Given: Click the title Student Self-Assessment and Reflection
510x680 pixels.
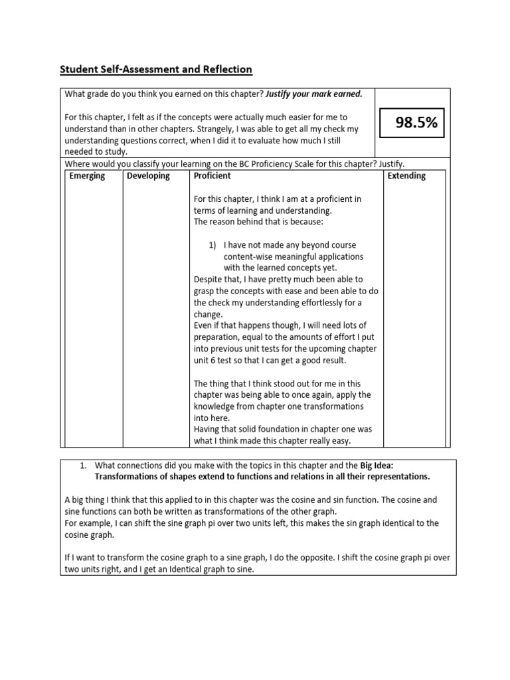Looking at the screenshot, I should coord(156,69).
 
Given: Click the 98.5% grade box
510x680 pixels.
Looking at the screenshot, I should coord(411,122).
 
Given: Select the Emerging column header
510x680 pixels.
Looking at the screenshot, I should coord(87,176).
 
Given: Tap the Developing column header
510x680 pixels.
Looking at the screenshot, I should coord(148,176).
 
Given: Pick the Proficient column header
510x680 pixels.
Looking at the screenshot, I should coord(212,176).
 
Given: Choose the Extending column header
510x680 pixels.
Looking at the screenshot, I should coord(406,176).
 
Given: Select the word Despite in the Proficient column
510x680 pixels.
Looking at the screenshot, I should coord(209,280).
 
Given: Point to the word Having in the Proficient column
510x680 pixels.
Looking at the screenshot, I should coord(208,429).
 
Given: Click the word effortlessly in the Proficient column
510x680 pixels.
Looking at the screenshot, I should coord(316,303).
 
